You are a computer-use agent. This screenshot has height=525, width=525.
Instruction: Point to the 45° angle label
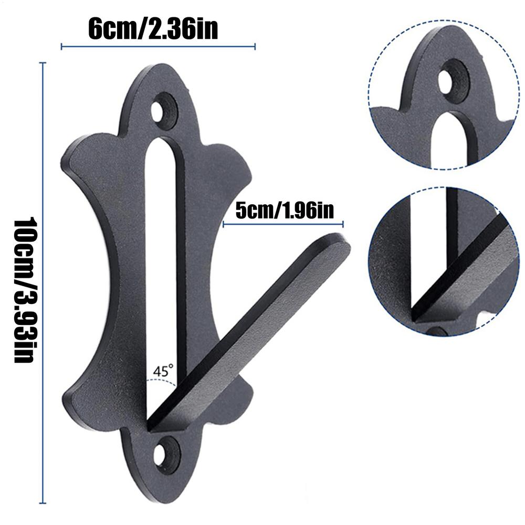pyautogui.click(x=163, y=371)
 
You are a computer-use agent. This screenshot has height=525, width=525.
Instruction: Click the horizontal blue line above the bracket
pyautogui.click(x=157, y=47)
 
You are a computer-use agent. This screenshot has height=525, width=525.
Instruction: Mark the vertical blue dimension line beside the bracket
pyautogui.click(x=43, y=283)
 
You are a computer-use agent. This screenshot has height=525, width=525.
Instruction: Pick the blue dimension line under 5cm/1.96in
pyautogui.click(x=283, y=225)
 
